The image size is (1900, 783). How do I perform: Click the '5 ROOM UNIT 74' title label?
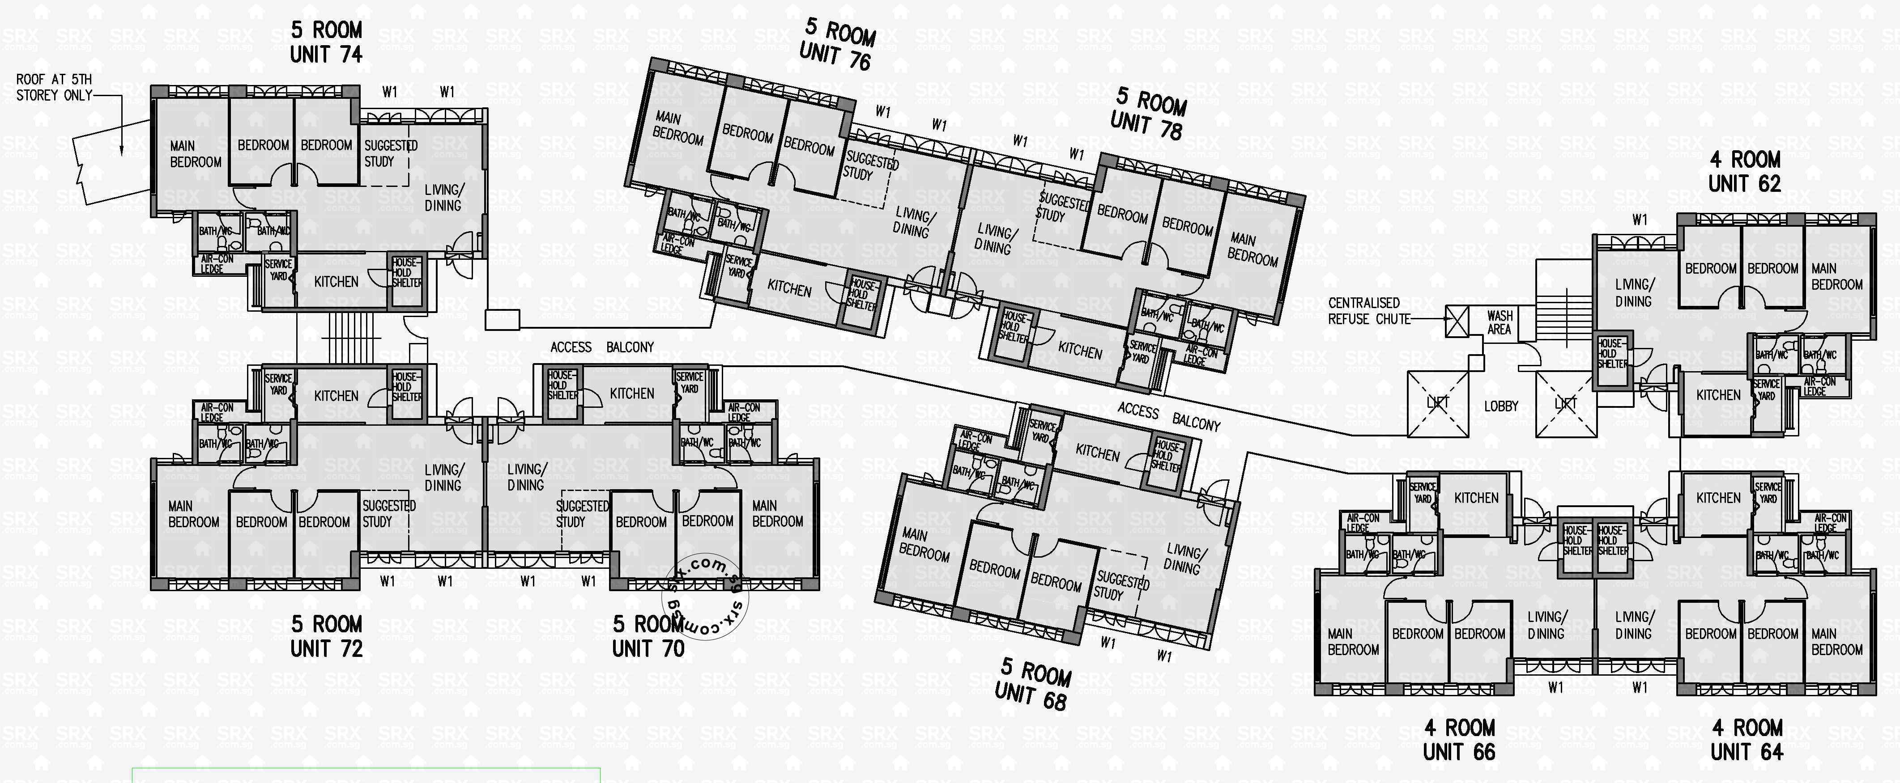[326, 42]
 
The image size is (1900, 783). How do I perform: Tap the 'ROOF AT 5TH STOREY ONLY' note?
[54, 88]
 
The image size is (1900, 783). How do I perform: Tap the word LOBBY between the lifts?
[1501, 406]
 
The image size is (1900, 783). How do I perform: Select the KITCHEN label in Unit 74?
[337, 282]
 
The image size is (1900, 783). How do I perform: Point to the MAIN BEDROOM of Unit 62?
[1836, 276]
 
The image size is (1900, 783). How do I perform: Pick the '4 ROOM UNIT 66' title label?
[1459, 740]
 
